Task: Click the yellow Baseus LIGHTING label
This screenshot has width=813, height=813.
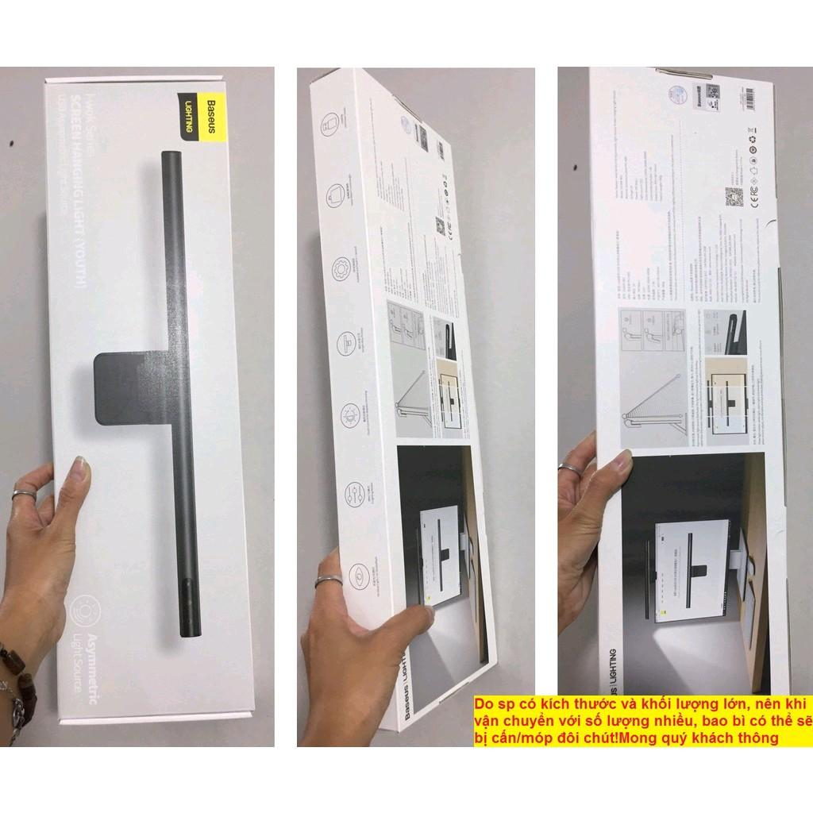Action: (x=202, y=119)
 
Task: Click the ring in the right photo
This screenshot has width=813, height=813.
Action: (x=569, y=468)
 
